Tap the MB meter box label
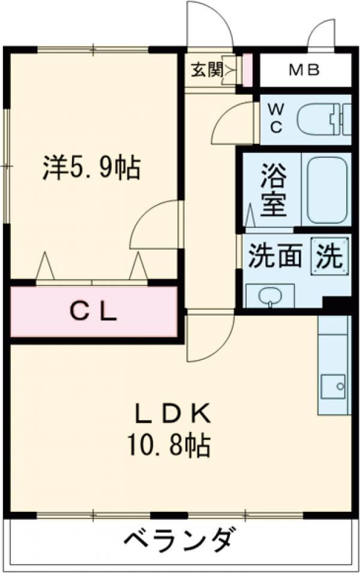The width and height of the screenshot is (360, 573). click(305, 70)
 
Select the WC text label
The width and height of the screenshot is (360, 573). click(275, 118)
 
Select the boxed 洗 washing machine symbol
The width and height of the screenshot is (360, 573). click(329, 257)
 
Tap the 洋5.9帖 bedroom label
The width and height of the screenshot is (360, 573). click(92, 167)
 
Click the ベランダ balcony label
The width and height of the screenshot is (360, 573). click(178, 541)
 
